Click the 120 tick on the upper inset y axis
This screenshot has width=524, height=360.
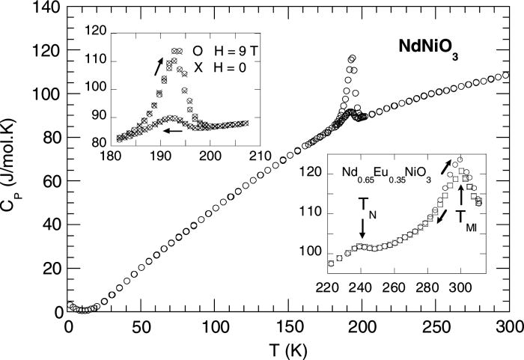coord(97,31)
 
